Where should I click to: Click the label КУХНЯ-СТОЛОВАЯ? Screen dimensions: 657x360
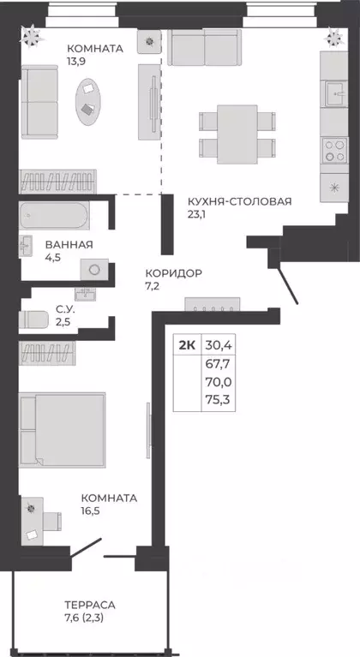pos(239,201)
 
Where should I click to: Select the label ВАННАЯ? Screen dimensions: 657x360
pos(69,244)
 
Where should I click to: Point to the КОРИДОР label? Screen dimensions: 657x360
pos(173,273)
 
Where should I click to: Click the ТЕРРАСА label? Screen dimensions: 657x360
pos(90,604)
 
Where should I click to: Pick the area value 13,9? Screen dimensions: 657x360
pos(79,64)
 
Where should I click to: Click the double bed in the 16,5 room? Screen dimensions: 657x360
pos(64,428)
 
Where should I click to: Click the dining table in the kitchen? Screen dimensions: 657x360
pos(237,130)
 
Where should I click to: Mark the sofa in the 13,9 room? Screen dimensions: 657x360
pos(38,100)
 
